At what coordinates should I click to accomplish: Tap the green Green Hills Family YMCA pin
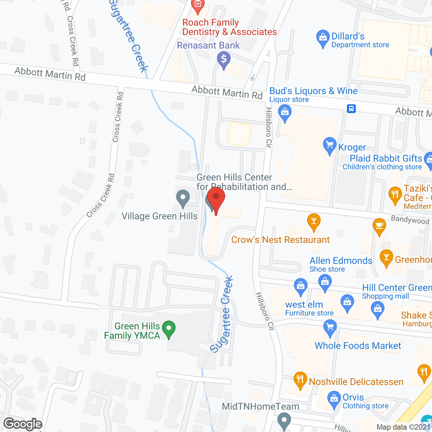pyautogui.click(x=169, y=329)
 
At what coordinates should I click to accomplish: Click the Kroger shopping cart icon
pyautogui.click(x=330, y=145)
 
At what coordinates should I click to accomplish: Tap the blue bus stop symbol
pyautogui.click(x=351, y=109)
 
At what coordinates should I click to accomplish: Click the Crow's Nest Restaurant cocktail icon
pyautogui.click(x=314, y=221)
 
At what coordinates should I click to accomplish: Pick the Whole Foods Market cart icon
pyautogui.click(x=330, y=327)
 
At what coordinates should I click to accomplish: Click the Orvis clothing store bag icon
pyautogui.click(x=334, y=399)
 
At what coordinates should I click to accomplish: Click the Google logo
pyautogui.click(x=23, y=424)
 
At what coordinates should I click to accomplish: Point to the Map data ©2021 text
pyautogui.click(x=404, y=427)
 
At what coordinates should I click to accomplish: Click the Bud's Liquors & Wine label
pyautogui.click(x=313, y=91)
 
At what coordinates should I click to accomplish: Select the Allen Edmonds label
pyautogui.click(x=341, y=261)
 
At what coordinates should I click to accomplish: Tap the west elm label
pyautogui.click(x=304, y=305)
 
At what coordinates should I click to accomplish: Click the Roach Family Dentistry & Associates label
pyautogui.click(x=230, y=27)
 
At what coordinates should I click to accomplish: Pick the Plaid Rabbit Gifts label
pyautogui.click(x=386, y=158)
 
